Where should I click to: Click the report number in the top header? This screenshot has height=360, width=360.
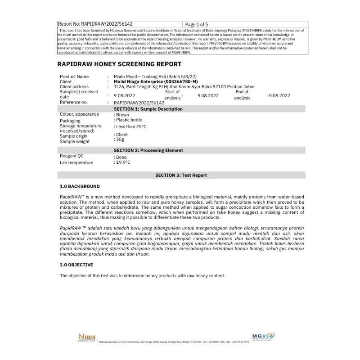[x=95, y=24]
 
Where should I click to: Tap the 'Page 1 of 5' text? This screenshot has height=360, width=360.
[x=197, y=24]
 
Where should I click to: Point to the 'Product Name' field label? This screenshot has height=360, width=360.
[x=74, y=76]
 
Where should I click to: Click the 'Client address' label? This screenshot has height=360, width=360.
[x=74, y=86]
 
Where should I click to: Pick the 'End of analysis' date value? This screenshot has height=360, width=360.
[x=279, y=95]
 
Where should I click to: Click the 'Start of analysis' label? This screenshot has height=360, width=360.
[x=172, y=94]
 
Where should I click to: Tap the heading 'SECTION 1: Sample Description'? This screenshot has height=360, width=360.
[x=148, y=109]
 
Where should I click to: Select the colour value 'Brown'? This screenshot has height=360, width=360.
[x=122, y=115]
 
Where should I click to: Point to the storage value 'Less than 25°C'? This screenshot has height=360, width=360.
[x=131, y=127]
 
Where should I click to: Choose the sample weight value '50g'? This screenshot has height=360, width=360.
[x=119, y=139]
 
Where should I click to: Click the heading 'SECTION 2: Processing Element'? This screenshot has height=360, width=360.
[x=148, y=150]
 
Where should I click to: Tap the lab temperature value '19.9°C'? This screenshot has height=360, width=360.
[x=122, y=162]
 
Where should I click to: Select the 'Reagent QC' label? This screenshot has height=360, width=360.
[x=72, y=156]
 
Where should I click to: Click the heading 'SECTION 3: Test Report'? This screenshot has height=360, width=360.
[x=181, y=175]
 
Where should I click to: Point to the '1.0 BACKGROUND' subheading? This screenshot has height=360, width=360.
[x=80, y=186]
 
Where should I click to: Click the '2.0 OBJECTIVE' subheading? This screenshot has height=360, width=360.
[x=76, y=265]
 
